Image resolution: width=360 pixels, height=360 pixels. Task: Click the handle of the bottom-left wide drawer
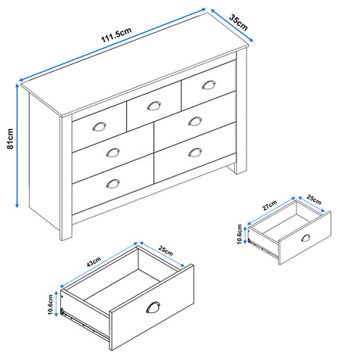click(x=113, y=183)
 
